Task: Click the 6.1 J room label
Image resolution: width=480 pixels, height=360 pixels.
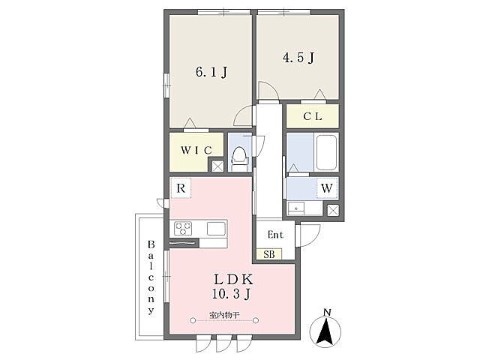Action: pyautogui.click(x=211, y=72)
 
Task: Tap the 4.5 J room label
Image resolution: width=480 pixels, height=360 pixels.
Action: pyautogui.click(x=298, y=57)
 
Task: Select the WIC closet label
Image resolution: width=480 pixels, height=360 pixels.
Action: pyautogui.click(x=196, y=150)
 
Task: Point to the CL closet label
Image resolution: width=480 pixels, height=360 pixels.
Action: pyautogui.click(x=313, y=116)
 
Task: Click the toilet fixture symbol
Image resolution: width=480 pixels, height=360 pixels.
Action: pyautogui.click(x=240, y=158)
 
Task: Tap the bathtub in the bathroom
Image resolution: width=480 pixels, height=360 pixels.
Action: pyautogui.click(x=326, y=152)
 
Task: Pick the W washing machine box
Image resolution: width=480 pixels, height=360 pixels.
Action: pyautogui.click(x=327, y=187)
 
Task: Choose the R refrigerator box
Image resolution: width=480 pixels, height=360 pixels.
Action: pyautogui.click(x=181, y=188)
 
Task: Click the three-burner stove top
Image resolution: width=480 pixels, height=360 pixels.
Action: pyautogui.click(x=183, y=229)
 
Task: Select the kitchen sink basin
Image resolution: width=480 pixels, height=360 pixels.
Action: pyautogui.click(x=216, y=229)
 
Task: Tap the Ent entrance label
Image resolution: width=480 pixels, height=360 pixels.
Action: pyautogui.click(x=275, y=235)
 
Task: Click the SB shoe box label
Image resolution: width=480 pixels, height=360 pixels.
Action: pyautogui.click(x=269, y=254)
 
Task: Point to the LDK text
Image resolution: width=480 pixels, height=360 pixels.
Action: pyautogui.click(x=233, y=279)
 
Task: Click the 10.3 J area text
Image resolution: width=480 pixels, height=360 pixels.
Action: pyautogui.click(x=232, y=294)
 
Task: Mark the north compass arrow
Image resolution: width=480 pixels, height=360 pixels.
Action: pyautogui.click(x=325, y=331)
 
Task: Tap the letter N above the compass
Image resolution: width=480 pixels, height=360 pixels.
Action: pyautogui.click(x=327, y=313)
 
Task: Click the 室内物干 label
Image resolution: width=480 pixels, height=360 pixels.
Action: pyautogui.click(x=224, y=315)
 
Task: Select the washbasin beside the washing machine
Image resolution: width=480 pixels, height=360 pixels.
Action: pyautogui.click(x=296, y=208)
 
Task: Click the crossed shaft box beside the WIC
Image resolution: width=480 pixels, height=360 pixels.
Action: pyautogui.click(x=217, y=166)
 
